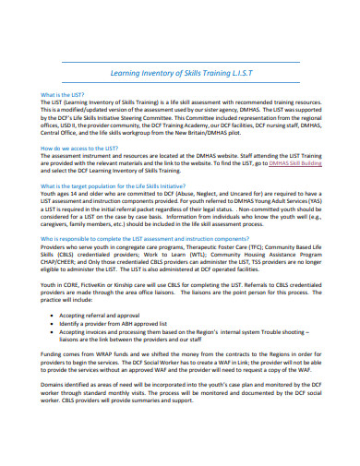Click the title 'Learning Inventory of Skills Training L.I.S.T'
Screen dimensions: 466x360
click(181, 73)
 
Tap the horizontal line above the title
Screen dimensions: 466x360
click(181, 58)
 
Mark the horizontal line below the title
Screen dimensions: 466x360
click(181, 86)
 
